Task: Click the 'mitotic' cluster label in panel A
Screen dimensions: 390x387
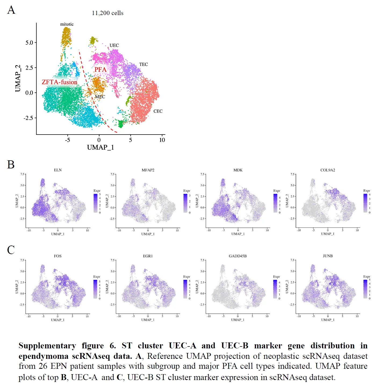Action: tap(67, 24)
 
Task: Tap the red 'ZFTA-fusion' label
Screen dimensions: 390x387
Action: tap(60, 82)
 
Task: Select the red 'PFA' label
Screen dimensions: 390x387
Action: tap(100, 70)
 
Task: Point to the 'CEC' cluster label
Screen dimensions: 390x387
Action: tap(158, 111)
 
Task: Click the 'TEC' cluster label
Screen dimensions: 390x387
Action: tap(143, 64)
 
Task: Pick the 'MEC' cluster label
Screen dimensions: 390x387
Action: tap(100, 97)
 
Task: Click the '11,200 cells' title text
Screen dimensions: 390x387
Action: tap(108, 13)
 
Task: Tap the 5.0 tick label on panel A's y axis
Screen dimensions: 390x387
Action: tap(29, 43)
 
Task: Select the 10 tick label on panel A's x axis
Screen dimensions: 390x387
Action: tap(162, 140)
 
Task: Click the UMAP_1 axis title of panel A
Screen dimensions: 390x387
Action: tap(100, 147)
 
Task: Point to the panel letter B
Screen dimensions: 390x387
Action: tap(11, 165)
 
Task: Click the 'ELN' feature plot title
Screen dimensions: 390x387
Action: tap(58, 170)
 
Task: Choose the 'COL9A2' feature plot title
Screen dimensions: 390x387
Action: tap(328, 170)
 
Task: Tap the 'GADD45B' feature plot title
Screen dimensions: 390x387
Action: tap(238, 256)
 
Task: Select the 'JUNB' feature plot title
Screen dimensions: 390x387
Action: tap(328, 256)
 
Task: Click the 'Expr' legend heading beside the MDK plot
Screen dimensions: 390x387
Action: tap(277, 191)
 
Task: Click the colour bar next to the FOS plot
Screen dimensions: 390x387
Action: tap(96, 289)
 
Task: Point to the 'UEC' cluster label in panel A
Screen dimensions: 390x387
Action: tap(114, 45)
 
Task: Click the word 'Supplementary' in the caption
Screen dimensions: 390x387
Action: tap(47, 346)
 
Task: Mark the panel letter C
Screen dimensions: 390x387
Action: tap(11, 250)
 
